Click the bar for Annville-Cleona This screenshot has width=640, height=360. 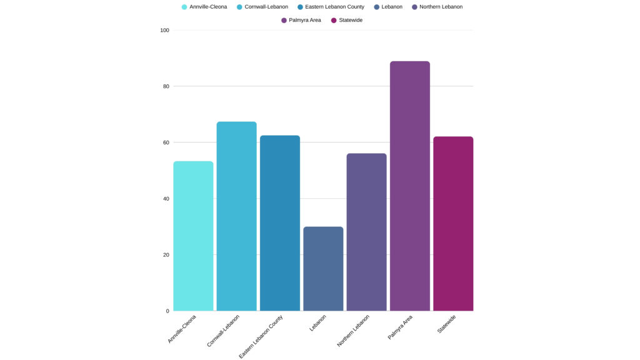click(193, 236)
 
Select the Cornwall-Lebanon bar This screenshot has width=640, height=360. click(236, 216)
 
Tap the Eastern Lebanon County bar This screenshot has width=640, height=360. click(279, 223)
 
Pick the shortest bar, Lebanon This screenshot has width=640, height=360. click(323, 269)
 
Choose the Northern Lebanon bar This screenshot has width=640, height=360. click(366, 232)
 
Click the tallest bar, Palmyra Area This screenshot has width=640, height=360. click(409, 186)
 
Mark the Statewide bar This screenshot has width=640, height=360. click(453, 224)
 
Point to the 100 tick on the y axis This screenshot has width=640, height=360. click(165, 30)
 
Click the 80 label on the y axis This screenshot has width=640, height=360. click(166, 86)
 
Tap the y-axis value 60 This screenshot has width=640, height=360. click(166, 142)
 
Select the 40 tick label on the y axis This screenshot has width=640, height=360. click(166, 199)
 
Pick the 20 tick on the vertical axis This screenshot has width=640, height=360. click(166, 255)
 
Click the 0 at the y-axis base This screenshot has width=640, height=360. click(167, 311)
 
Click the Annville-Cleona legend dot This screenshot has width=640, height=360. click(184, 7)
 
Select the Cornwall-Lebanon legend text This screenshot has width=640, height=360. click(266, 7)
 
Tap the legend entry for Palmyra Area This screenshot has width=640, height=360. click(304, 20)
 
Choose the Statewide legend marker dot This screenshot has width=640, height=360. click(334, 20)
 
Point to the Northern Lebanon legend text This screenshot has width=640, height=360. click(441, 7)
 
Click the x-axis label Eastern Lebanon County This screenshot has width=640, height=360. click(262, 336)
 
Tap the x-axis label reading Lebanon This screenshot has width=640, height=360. click(318, 322)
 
